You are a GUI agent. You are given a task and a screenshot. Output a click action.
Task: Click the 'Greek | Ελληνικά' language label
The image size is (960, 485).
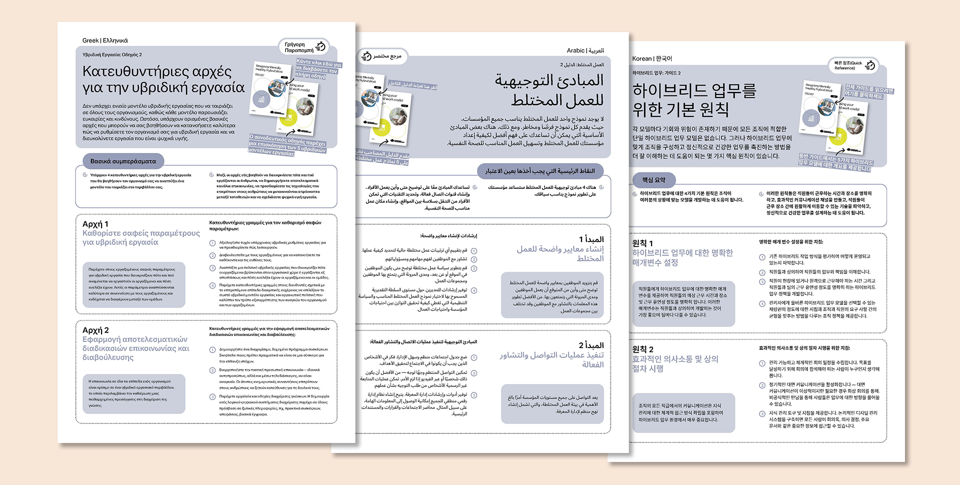tap(105, 40)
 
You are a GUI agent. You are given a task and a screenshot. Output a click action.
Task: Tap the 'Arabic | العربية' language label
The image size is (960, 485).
tap(585, 50)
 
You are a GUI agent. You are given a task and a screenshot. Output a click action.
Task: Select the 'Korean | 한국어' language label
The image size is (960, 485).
tap(652, 58)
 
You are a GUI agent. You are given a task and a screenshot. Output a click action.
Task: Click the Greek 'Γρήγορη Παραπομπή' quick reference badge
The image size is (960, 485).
tap(304, 47)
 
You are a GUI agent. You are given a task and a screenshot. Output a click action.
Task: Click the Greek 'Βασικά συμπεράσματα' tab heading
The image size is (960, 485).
tap(123, 161)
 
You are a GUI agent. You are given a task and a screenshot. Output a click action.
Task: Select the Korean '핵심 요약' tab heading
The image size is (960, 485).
tap(653, 179)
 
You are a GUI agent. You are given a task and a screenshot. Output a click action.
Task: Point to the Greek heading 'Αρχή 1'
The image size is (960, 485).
tap(95, 224)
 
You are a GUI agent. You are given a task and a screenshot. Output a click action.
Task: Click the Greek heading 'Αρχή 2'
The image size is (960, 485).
tap(95, 330)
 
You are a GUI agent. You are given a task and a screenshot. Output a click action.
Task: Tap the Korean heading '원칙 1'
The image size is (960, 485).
tap(642, 243)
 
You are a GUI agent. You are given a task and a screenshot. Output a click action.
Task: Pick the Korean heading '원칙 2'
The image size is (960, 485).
tap(642, 349)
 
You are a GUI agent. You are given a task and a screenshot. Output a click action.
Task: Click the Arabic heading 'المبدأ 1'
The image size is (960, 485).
tap(591, 239)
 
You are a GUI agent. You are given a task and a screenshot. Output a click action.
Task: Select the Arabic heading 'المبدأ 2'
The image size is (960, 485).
tap(591, 345)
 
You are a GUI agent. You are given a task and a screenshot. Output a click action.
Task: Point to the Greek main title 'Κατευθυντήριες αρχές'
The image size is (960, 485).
tap(157, 71)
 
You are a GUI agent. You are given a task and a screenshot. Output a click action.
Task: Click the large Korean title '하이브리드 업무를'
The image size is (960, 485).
tap(694, 90)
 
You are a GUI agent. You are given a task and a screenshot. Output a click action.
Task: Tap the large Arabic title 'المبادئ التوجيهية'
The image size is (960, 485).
tap(548, 80)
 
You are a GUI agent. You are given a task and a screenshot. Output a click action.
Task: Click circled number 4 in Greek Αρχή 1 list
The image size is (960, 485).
tap(212, 285)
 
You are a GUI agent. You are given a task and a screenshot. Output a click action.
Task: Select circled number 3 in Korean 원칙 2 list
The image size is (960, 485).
tap(762, 413)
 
